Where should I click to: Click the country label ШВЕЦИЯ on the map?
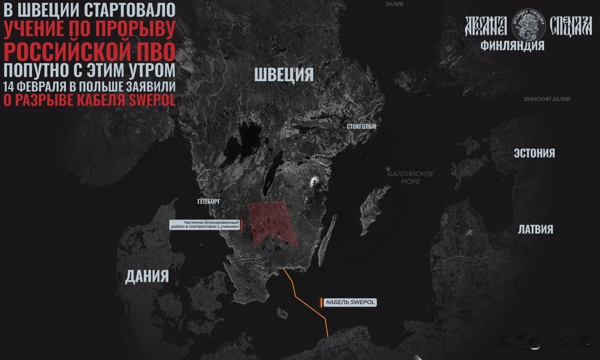(284, 75)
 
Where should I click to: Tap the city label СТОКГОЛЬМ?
(361, 127)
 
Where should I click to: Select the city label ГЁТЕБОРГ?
(209, 201)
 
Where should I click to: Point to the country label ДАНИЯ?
(147, 276)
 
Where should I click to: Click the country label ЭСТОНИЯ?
(534, 153)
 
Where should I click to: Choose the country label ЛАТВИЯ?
(535, 229)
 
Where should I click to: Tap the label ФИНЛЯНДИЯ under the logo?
(512, 45)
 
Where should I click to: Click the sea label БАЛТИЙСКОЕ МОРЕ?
(411, 178)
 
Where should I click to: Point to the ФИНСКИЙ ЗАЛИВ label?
(547, 99)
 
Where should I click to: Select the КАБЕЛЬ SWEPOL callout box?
(350, 302)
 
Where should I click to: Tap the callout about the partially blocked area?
(205, 225)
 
